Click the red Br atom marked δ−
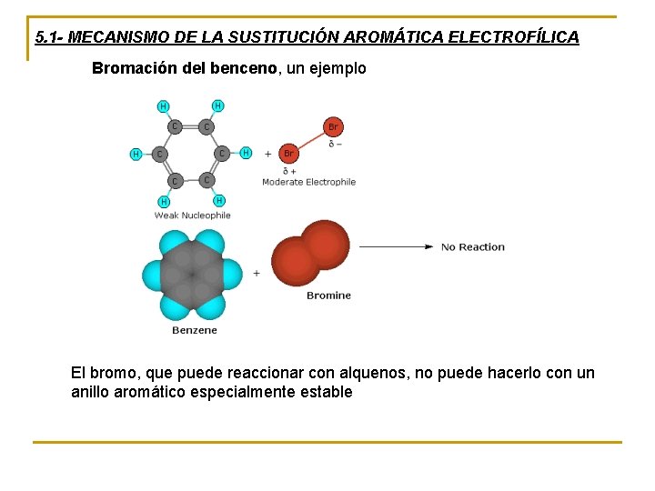(333, 126)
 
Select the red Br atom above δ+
(288, 154)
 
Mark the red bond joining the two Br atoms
(310, 140)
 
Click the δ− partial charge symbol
(334, 144)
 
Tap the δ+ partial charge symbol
(289, 170)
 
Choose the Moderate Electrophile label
(308, 182)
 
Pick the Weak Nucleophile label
(192, 215)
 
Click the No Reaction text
(472, 246)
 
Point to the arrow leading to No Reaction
(396, 246)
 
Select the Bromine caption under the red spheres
(328, 296)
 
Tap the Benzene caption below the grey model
(195, 330)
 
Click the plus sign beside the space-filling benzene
(257, 273)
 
